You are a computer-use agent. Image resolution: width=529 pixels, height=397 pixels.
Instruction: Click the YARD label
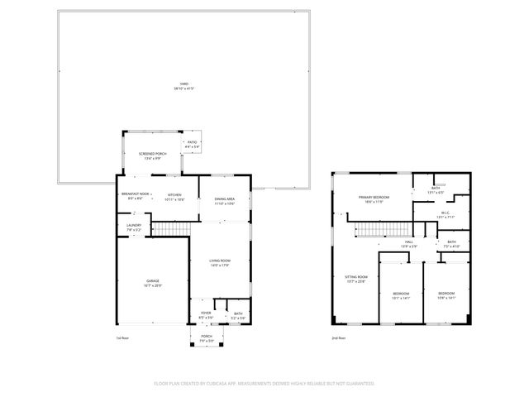click(183, 85)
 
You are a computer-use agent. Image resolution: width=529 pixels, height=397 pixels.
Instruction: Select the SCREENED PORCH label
click(153, 155)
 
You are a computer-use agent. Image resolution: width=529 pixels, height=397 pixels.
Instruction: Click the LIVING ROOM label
click(219, 263)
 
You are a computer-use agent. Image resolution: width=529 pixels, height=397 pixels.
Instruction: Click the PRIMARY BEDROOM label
click(374, 198)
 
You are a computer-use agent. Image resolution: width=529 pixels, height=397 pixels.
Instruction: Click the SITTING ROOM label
click(356, 279)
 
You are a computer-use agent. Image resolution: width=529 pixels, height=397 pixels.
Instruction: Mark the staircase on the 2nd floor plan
click(389, 229)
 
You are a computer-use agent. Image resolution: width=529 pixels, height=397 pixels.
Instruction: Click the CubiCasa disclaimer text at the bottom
click(264, 384)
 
